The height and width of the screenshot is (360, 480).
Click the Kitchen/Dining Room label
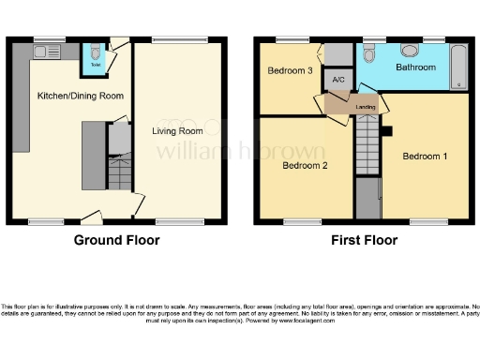coord(67,96)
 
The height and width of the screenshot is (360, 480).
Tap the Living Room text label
coord(177,131)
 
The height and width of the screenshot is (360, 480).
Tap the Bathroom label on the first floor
coord(414,67)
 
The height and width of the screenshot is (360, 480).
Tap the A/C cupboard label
coord(338,81)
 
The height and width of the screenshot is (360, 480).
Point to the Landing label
coord(367,107)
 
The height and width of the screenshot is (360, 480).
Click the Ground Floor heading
coord(116,240)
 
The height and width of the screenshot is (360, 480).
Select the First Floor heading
coord(364,240)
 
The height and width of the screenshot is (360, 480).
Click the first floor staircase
coord(367,150)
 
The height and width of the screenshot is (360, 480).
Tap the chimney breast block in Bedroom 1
coord(387,130)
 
